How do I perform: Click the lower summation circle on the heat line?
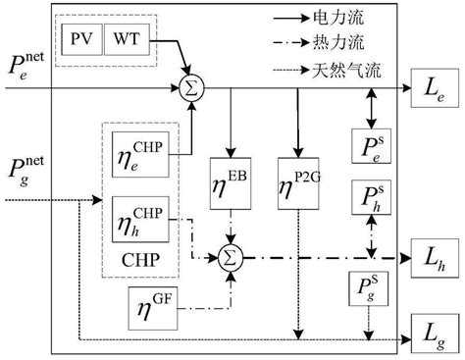point(232,257)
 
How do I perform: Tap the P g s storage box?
point(368,290)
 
